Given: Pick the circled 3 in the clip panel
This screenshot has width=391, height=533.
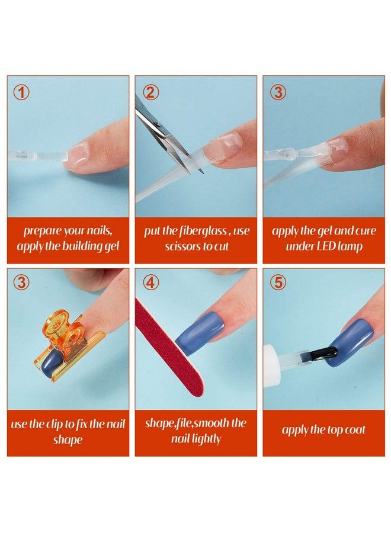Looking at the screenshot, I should click(22, 282).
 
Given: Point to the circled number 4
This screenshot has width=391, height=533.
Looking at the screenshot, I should click(152, 282).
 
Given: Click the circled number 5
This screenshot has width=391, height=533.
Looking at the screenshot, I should click(278, 282).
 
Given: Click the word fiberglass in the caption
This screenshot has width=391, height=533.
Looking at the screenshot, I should click(203, 231).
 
